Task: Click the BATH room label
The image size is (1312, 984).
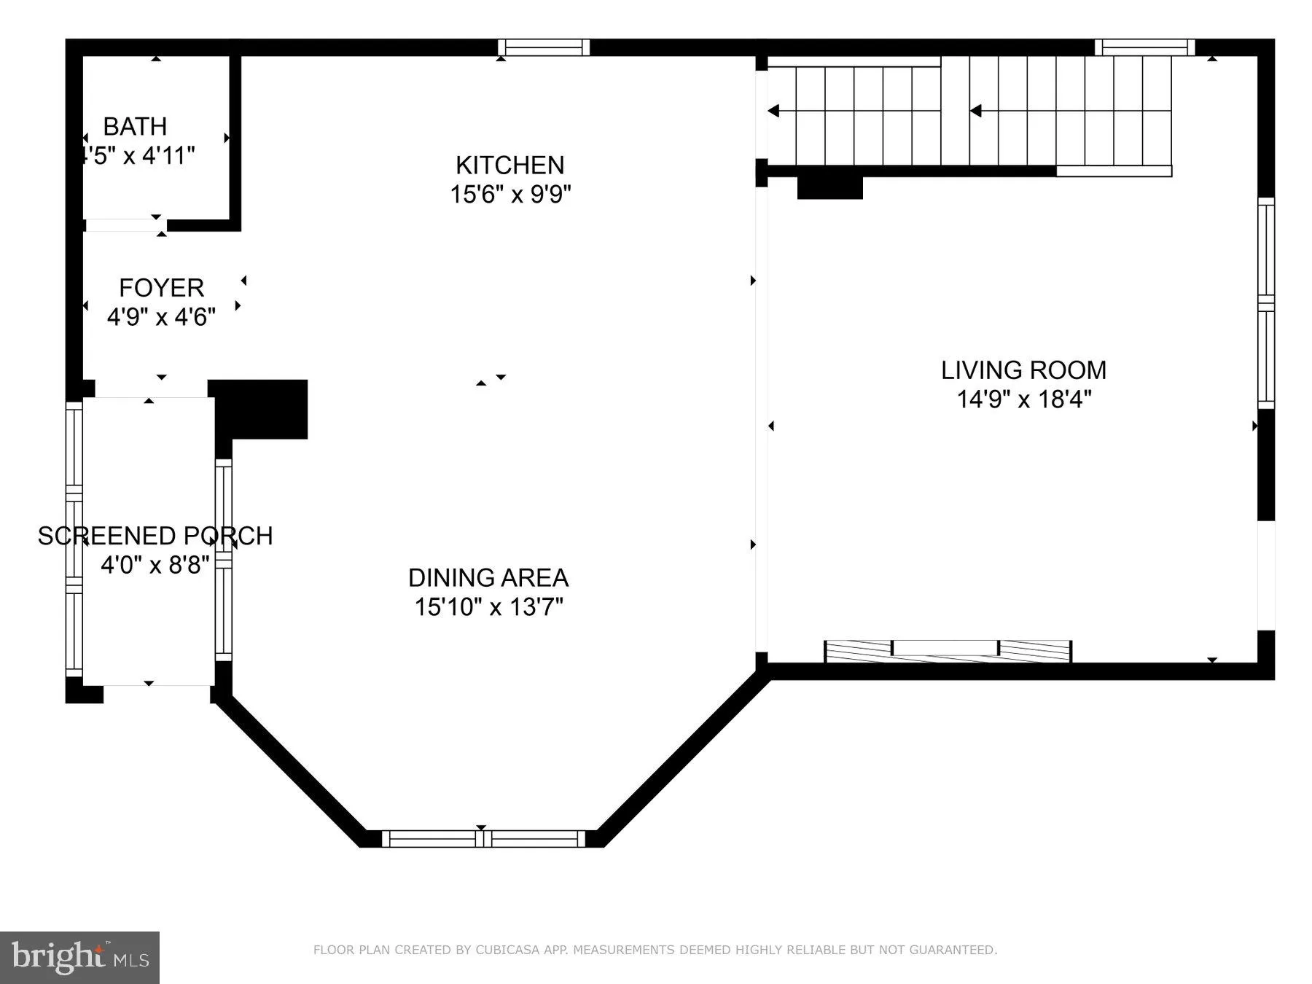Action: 135,127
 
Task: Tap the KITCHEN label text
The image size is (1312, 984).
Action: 510,165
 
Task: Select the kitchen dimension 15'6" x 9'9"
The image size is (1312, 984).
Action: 510,195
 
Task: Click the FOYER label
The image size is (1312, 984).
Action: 161,288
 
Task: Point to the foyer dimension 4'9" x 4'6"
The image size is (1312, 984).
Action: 161,317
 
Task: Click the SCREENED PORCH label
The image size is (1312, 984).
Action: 155,536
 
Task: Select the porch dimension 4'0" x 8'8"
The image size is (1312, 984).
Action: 155,565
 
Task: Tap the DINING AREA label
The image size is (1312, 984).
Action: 488,578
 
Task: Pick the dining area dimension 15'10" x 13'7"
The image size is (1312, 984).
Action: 489,607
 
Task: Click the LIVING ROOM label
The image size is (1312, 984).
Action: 1023,370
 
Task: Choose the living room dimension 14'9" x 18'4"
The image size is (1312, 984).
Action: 1023,399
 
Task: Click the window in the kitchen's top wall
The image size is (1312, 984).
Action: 544,47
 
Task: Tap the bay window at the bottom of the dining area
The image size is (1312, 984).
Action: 484,839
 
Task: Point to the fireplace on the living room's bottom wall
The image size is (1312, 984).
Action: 948,651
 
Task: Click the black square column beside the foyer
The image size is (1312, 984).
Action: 260,409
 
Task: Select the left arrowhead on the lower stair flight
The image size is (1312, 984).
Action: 773,111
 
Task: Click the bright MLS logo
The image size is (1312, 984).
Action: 79,958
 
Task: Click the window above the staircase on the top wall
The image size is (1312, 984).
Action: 1144,47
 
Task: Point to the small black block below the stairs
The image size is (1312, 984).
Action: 830,187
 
